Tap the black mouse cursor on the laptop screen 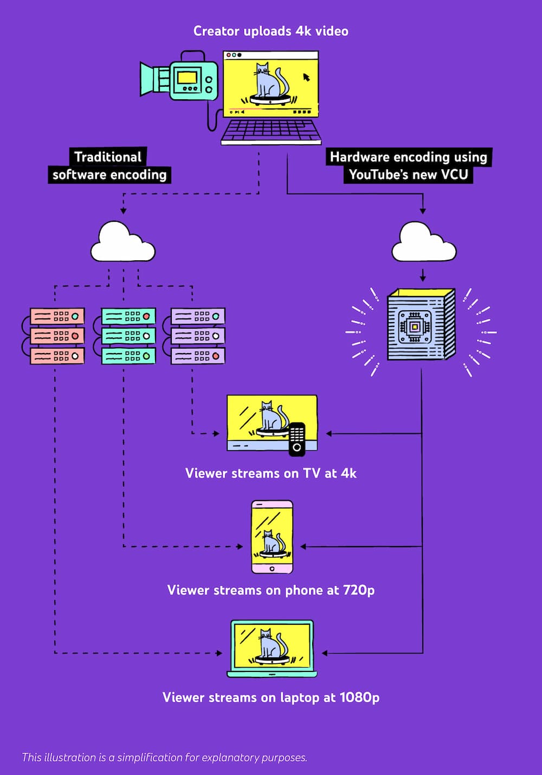306,77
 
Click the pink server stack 57,336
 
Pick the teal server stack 128,336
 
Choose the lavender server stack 198,336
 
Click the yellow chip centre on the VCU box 415,326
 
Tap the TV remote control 297,439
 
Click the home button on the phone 272,568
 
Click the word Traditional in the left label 108,157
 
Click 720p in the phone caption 358,590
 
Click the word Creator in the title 217,31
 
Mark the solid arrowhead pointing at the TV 329,434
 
